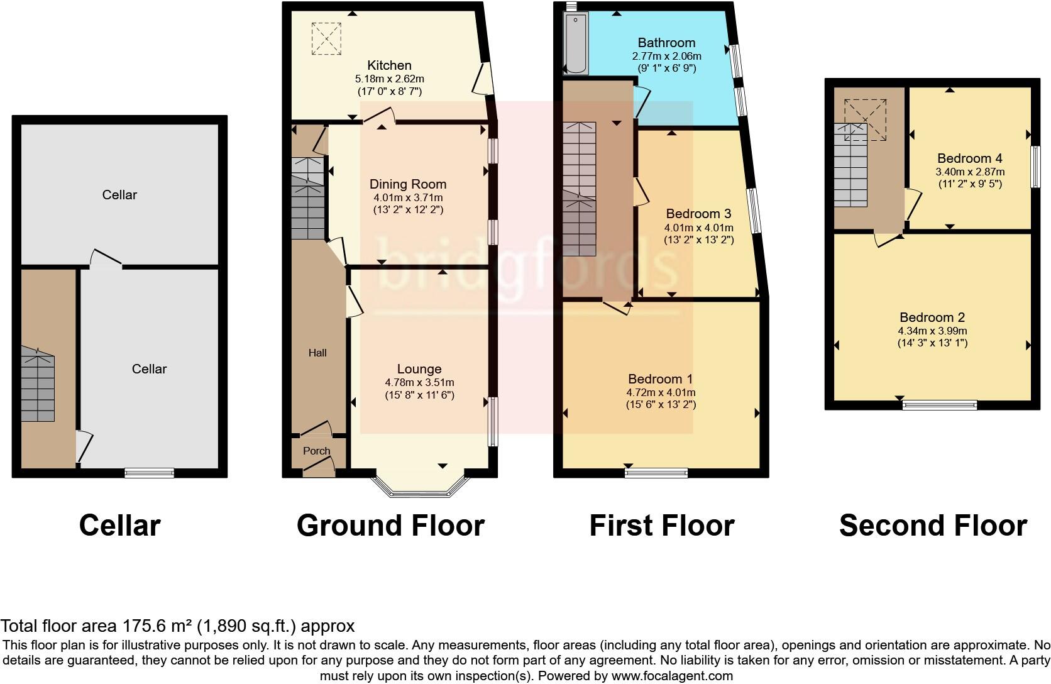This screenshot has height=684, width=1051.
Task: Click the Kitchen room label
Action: tap(389, 65)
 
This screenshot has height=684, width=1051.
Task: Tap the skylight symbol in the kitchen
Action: tap(326, 38)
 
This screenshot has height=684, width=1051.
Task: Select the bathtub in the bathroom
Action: tap(575, 43)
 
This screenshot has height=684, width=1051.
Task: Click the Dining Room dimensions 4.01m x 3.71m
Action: tap(407, 197)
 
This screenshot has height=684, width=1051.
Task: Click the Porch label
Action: tap(316, 451)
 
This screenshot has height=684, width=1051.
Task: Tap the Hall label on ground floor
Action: tap(317, 353)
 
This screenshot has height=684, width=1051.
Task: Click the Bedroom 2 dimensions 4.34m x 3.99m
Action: tap(932, 331)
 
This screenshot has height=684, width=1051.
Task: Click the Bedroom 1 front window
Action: tap(656, 473)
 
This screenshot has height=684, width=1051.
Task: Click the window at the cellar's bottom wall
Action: tap(149, 473)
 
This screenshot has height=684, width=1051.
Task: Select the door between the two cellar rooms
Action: tap(105, 260)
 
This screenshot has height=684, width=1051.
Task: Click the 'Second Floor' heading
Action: tap(932, 526)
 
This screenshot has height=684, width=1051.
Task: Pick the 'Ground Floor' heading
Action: tap(390, 526)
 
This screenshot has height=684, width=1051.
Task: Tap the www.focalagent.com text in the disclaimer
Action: tap(672, 676)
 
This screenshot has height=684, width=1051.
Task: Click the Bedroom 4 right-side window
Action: tap(1034, 167)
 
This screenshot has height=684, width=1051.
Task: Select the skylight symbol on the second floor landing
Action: tap(865, 119)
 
